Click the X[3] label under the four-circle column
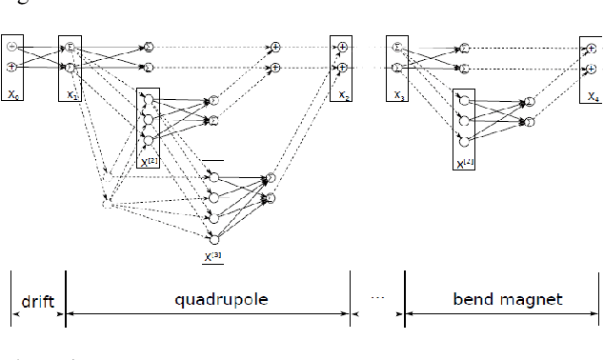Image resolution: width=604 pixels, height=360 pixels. pos(211,255)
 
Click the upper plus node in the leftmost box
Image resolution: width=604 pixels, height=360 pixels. pos(11,47)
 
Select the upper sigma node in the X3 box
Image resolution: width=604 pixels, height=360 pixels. pos(397,47)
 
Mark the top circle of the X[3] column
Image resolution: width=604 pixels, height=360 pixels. pos(213,177)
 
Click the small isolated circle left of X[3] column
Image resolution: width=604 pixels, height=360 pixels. pos(107,203)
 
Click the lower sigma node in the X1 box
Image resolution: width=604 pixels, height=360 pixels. pos(70,68)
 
